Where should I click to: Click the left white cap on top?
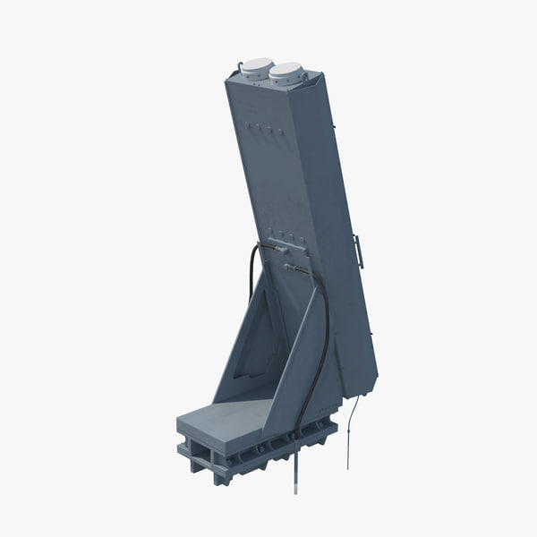257,67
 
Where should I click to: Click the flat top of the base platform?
224,417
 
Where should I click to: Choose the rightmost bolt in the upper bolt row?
270,132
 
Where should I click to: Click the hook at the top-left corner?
240,66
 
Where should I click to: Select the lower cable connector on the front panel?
289,266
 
